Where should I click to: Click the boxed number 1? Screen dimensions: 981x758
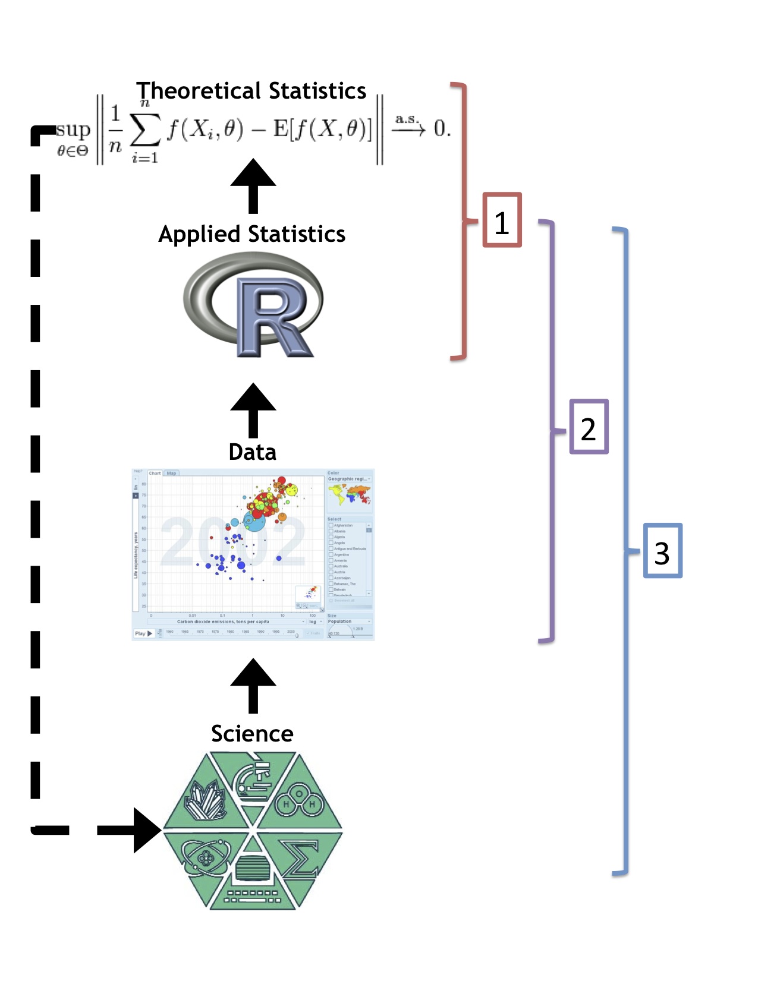click(x=502, y=220)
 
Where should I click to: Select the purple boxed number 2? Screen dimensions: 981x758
click(x=589, y=427)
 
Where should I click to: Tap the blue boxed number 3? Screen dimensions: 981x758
click(x=662, y=551)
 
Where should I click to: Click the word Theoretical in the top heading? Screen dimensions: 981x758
click(x=199, y=91)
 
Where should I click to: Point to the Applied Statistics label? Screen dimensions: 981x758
click(x=251, y=234)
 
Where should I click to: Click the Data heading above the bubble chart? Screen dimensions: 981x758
click(x=253, y=452)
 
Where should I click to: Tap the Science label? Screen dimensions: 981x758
click(x=252, y=734)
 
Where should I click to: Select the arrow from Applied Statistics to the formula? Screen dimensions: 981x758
click(x=253, y=185)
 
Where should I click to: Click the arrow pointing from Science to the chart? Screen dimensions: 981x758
click(x=253, y=685)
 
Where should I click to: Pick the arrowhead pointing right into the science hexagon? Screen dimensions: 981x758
click(x=146, y=830)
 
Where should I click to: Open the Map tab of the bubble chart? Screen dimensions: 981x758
click(x=172, y=474)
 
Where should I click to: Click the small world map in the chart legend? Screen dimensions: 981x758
click(x=349, y=494)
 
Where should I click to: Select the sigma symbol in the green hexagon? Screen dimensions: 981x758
click(x=301, y=859)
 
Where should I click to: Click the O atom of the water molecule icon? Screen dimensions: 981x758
click(x=300, y=793)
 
